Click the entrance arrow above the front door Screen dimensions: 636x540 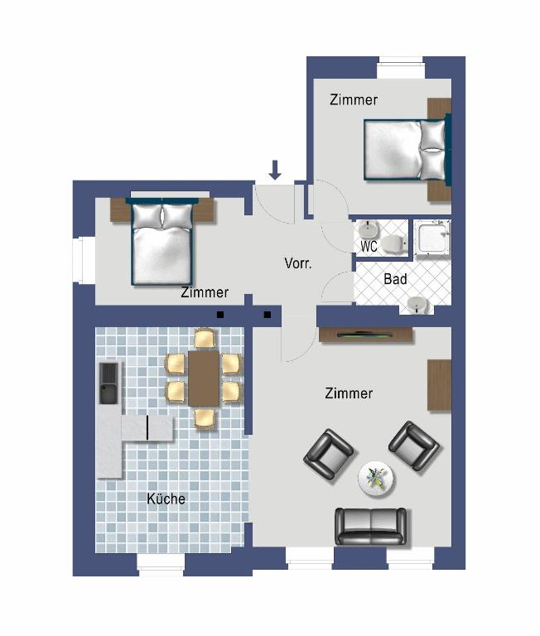point(275,170)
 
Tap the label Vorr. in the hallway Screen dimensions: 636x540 point(297,264)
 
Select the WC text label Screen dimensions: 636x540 point(369,247)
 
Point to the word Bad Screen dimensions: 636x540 point(395,280)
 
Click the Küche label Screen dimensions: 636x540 point(166,499)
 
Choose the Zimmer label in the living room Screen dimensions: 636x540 point(349,393)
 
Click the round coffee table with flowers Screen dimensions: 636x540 point(377,478)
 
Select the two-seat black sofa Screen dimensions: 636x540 point(370,525)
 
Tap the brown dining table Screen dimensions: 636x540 point(203,378)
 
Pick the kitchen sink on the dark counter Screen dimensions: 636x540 point(108,383)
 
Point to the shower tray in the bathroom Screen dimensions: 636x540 point(432,238)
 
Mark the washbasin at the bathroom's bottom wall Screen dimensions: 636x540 point(415,306)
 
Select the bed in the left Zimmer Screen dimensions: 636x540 point(162,242)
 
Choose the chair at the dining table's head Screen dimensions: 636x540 point(205,338)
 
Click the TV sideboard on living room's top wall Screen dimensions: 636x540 point(365,335)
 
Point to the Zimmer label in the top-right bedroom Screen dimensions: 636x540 point(354,100)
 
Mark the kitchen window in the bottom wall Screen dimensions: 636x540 point(161,565)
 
